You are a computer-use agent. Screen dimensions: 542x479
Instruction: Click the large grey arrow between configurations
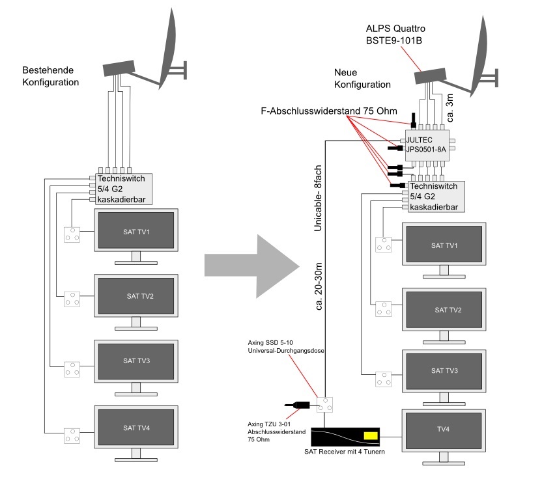(x=252, y=266)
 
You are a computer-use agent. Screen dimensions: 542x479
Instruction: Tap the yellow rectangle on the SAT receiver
(x=371, y=435)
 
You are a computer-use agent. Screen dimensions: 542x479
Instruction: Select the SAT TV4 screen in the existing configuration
(x=136, y=427)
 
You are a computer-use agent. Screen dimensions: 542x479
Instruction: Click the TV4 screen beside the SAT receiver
(x=444, y=430)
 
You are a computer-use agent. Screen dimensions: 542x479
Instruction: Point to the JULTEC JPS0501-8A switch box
(x=427, y=145)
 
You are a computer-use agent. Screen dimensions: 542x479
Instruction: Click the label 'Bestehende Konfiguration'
(x=50, y=76)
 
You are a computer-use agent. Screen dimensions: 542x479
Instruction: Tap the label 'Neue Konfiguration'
(x=362, y=78)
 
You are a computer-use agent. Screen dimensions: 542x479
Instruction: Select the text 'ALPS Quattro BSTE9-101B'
(x=395, y=34)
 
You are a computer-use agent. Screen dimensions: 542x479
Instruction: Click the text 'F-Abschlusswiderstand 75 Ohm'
(x=329, y=111)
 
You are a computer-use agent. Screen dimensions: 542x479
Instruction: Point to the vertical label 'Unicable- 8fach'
(x=318, y=198)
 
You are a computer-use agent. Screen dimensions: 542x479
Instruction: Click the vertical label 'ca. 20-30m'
(x=319, y=286)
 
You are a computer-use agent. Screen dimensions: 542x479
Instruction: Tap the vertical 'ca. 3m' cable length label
(x=449, y=108)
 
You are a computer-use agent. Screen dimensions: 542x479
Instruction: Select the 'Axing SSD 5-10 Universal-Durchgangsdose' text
(x=286, y=346)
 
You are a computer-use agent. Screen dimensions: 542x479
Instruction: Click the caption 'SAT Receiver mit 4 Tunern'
(x=344, y=452)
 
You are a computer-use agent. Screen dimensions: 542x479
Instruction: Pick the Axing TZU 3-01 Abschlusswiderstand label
(x=276, y=431)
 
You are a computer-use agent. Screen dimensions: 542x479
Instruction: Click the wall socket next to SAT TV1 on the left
(x=72, y=235)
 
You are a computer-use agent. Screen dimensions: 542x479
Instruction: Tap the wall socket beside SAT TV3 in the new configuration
(x=383, y=379)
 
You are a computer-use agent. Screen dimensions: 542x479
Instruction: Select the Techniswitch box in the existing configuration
(x=124, y=189)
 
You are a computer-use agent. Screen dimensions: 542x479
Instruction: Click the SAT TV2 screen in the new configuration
(x=444, y=309)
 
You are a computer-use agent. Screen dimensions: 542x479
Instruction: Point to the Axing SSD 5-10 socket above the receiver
(x=325, y=404)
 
